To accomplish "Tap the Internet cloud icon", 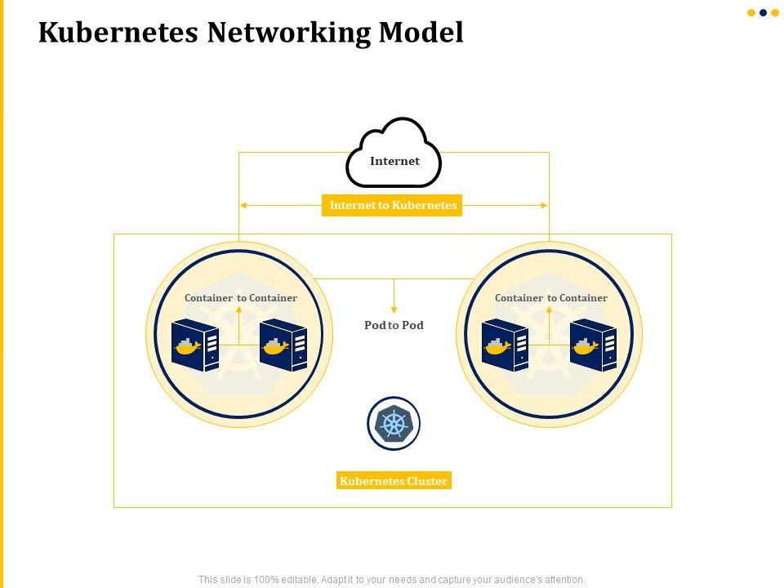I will (x=394, y=154).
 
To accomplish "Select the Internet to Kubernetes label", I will (x=393, y=205).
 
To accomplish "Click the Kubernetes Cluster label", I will (x=394, y=481).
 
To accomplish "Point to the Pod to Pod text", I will (x=394, y=325).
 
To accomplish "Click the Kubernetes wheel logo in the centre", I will (x=394, y=424).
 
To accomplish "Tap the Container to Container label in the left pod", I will (x=240, y=298).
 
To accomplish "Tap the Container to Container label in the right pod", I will (x=550, y=298).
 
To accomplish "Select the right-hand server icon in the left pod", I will (x=283, y=345).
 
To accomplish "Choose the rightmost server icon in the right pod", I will (x=593, y=345).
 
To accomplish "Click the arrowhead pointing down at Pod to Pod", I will (x=394, y=310).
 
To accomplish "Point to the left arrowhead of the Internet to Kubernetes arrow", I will (x=243, y=205).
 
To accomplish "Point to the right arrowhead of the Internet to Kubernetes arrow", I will (x=545, y=205).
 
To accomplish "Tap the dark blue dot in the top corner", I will (x=763, y=12).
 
